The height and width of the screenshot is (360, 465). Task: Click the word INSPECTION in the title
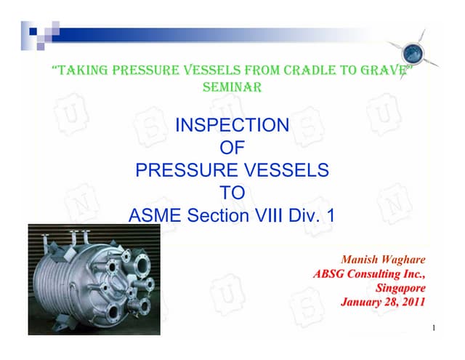(x=232, y=126)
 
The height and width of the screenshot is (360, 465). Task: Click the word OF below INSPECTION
(x=232, y=148)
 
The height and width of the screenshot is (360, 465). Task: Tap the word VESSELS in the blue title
(x=288, y=172)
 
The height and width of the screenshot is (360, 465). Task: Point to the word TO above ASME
(x=232, y=193)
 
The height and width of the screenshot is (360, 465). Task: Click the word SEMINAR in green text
(x=232, y=87)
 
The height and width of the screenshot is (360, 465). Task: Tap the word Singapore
(x=399, y=287)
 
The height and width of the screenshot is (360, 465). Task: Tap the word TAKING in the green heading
(x=81, y=71)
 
